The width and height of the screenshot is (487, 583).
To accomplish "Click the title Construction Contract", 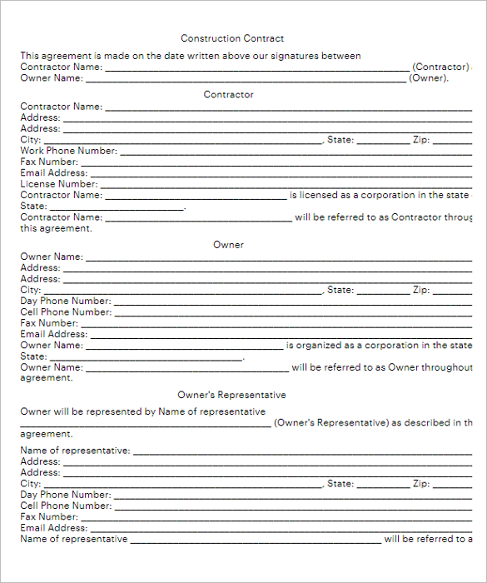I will click(232, 38).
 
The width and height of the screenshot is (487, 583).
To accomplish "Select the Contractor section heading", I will click(229, 95).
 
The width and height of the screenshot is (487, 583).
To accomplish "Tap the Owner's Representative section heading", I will click(231, 395).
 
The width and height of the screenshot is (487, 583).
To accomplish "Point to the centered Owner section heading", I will click(229, 245).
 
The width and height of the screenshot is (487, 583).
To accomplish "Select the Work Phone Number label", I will click(68, 151).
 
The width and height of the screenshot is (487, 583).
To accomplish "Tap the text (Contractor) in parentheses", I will click(441, 67).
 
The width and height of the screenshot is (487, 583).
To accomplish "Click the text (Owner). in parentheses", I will click(429, 78).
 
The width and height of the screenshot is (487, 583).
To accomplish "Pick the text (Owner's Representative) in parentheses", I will click(330, 423).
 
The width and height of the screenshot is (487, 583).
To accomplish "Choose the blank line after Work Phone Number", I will click(296, 152).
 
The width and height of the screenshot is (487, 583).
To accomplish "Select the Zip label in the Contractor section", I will click(421, 140).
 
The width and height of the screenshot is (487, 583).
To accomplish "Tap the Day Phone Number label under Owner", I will click(65, 301).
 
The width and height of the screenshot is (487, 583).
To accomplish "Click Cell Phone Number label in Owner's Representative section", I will click(65, 506).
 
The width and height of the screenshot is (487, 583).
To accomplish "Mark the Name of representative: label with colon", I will click(75, 451).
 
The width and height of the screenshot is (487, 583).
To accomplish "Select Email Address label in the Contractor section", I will click(53, 173).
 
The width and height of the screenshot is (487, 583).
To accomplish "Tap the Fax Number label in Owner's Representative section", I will click(49, 516).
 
